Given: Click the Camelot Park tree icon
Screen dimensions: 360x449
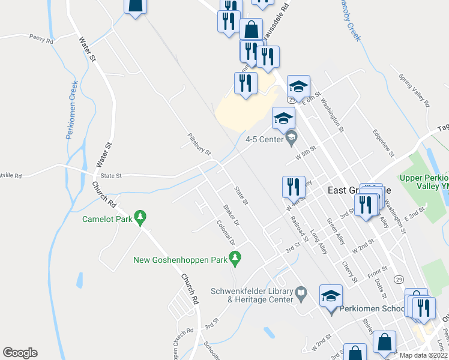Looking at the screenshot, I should coord(140,215).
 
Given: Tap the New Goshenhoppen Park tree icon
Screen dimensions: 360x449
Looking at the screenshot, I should coord(235,259).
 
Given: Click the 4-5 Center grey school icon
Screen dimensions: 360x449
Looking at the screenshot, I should coord(291,139).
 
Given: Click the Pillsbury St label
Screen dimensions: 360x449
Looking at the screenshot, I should coord(199,145).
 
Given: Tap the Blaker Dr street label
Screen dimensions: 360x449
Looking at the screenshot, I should coord(231,215).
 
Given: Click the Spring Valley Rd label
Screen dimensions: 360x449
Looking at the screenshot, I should coord(414,91).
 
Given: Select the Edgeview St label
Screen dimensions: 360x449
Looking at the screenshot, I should coord(382,144).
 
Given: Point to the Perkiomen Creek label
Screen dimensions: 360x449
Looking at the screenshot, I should coord(71,110).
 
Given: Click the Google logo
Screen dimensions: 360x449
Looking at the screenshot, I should coord(20,353).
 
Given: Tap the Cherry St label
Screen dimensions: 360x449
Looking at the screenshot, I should coord(349,271).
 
